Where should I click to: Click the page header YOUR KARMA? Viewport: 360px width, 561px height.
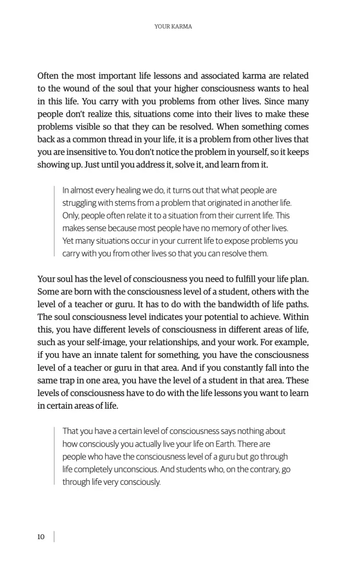(x=173, y=26)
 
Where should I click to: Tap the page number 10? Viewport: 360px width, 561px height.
(x=41, y=537)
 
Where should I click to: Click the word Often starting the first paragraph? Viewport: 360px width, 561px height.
(x=49, y=76)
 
